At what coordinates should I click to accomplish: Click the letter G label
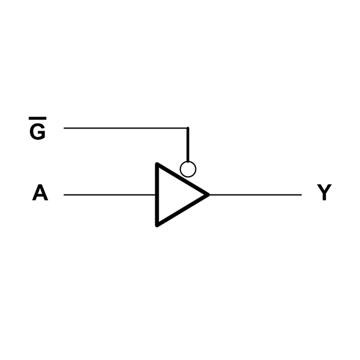pos(38,132)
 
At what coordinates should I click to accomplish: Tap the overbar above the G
pos(37,118)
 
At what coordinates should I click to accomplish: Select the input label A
pos(40,192)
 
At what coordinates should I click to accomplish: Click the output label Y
pos(324,192)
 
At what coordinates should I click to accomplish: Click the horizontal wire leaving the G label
pos(126,128)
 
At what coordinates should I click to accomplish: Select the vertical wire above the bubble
pos(188,144)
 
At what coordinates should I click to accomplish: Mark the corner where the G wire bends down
pos(188,128)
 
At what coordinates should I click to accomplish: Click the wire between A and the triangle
pos(109,195)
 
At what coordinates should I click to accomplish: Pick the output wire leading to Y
pos(255,195)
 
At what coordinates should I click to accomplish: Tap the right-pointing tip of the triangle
pos(209,194)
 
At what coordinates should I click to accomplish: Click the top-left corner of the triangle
pos(157,164)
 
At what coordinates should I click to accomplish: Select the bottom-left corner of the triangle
pos(157,225)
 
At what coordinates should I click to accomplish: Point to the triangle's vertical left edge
pos(157,194)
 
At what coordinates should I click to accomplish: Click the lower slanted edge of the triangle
pos(183,210)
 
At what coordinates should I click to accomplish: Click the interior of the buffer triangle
pos(174,194)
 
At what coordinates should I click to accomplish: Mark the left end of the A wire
pos(64,195)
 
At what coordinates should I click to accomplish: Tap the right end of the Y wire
pos(301,195)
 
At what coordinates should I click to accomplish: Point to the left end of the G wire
pos(64,128)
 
